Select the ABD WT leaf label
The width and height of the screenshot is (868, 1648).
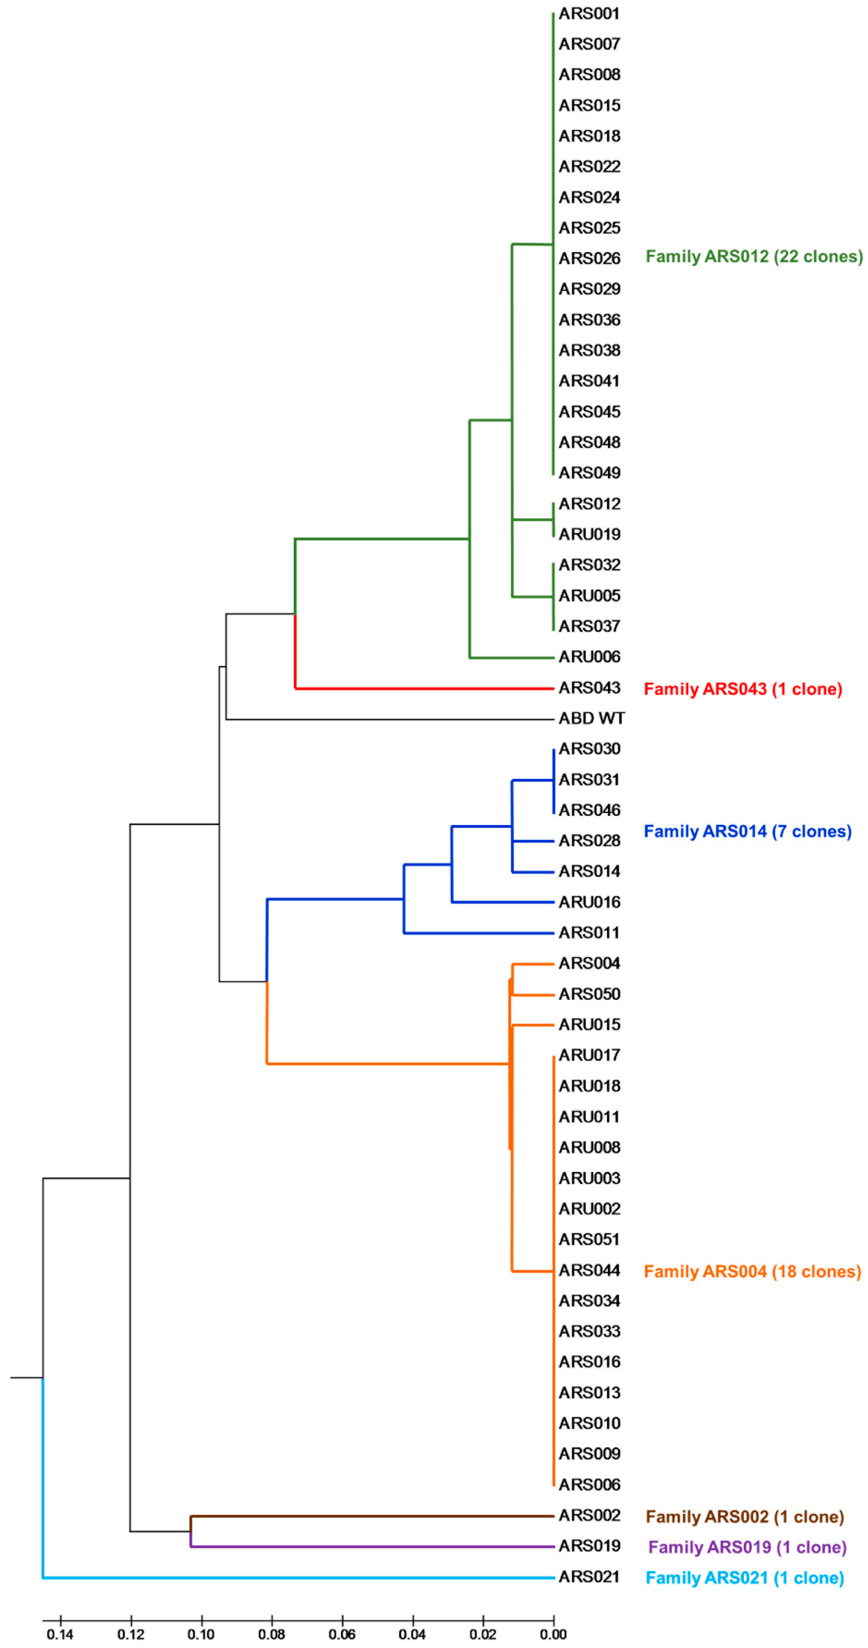(x=591, y=718)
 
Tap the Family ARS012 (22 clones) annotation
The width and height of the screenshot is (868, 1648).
(x=753, y=256)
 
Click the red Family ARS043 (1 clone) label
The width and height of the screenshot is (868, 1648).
(x=743, y=689)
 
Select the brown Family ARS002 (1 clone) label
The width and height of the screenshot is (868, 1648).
(x=744, y=1517)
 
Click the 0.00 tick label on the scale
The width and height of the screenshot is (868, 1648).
(x=553, y=1634)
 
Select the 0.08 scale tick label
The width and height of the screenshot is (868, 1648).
(x=271, y=1634)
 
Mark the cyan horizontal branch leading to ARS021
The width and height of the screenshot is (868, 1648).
(x=295, y=1578)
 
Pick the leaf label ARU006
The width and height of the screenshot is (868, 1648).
(x=589, y=656)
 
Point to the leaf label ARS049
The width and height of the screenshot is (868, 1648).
(x=589, y=473)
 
